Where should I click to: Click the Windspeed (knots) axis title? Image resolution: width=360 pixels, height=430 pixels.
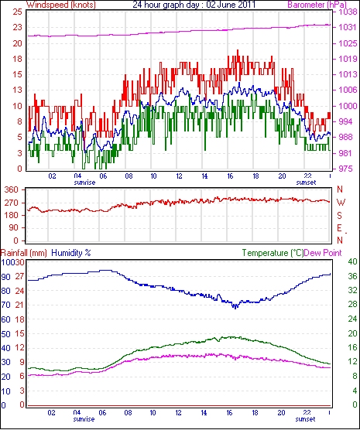pos(61,5)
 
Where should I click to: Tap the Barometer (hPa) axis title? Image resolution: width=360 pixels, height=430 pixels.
pos(317,5)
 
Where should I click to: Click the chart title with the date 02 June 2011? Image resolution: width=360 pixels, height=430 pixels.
pos(194,5)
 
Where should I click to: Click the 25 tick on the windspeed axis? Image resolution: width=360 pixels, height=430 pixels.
pos(17,12)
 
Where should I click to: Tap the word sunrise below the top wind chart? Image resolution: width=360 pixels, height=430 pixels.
pos(84,183)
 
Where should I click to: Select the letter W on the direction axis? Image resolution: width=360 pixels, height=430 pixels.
pos(341,203)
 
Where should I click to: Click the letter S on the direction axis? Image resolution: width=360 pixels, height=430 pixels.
pos(340,216)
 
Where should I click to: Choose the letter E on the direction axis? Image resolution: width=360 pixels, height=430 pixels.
pos(340,228)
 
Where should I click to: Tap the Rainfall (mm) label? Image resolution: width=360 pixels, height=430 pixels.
pos(24,253)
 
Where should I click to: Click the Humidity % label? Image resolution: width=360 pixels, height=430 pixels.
pos(71,253)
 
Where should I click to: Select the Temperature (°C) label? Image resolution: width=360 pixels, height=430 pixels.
pos(273,253)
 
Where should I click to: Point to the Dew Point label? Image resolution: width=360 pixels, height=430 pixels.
pos(323,253)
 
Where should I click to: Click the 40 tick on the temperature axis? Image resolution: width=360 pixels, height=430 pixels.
pos(352,261)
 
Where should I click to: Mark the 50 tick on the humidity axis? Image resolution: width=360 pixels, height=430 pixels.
pos(5,334)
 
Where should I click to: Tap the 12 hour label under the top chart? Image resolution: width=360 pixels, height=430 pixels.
pos(179,176)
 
